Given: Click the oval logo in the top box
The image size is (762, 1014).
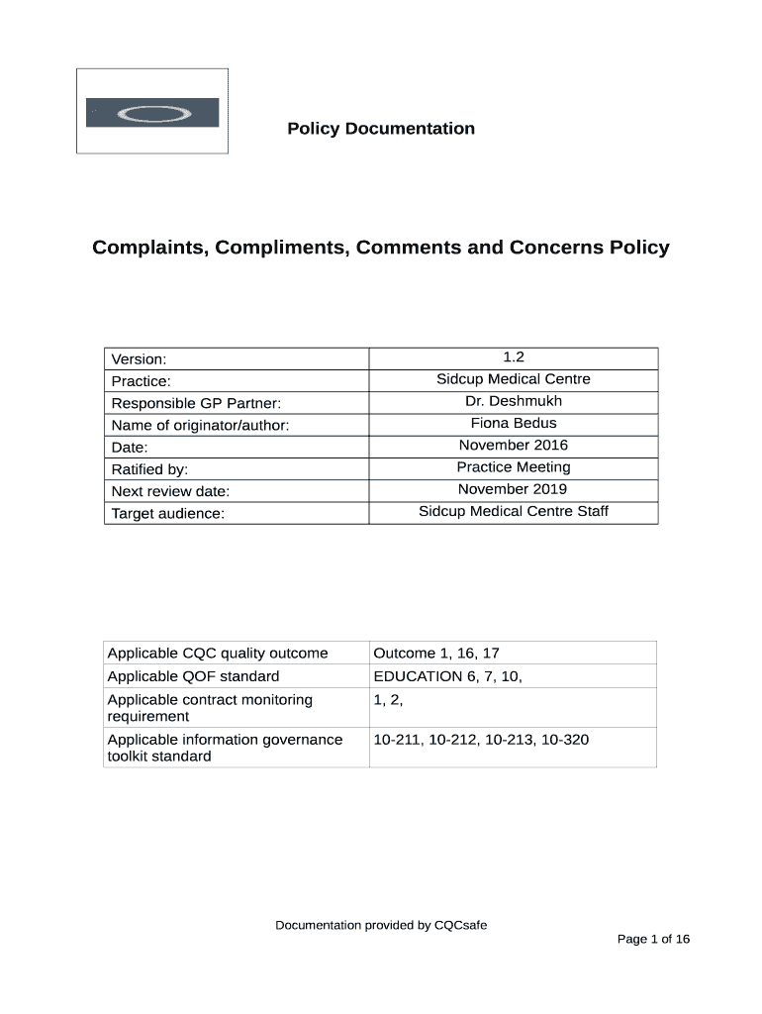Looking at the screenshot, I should pyautogui.click(x=152, y=113).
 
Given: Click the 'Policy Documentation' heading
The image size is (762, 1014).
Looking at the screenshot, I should pyautogui.click(x=381, y=129).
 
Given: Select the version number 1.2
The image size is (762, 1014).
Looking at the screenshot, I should pyautogui.click(x=513, y=357).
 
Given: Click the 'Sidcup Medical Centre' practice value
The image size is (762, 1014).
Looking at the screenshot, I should pyautogui.click(x=513, y=379).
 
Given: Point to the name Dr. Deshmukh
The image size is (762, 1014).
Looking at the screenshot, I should pyautogui.click(x=513, y=401).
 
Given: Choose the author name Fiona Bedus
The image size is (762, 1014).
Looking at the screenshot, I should pyautogui.click(x=513, y=423).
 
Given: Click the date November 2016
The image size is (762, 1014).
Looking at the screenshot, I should pyautogui.click(x=513, y=446).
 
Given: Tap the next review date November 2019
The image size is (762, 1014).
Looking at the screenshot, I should pyautogui.click(x=513, y=489).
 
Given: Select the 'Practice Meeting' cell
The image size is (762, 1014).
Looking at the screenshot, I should pyautogui.click(x=513, y=467).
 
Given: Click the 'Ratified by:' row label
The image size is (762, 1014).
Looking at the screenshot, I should pyautogui.click(x=149, y=469).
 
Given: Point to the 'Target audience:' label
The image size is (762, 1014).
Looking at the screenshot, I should pyautogui.click(x=168, y=513).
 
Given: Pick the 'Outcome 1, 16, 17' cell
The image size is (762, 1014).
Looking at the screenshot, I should pyautogui.click(x=435, y=653).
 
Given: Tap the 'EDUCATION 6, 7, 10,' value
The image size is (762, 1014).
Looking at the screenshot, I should pyautogui.click(x=447, y=676).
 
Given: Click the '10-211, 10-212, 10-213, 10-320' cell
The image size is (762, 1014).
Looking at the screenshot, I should pyautogui.click(x=481, y=740).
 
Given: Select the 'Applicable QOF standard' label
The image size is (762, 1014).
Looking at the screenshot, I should pyautogui.click(x=193, y=676).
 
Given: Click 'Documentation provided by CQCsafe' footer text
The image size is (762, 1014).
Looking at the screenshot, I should pyautogui.click(x=381, y=926).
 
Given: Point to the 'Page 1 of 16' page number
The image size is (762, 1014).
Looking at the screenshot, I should pyautogui.click(x=653, y=940).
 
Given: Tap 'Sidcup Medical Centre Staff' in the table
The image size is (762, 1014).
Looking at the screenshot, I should pyautogui.click(x=513, y=511).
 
